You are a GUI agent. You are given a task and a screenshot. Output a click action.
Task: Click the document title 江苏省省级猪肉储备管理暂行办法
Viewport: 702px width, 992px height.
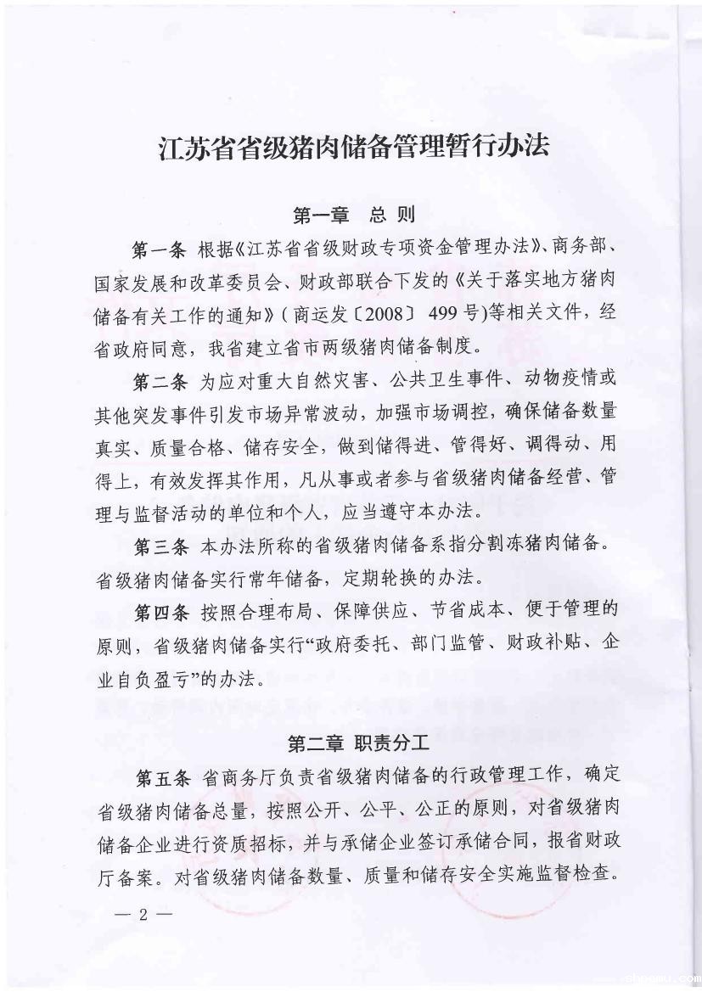(355, 146)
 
